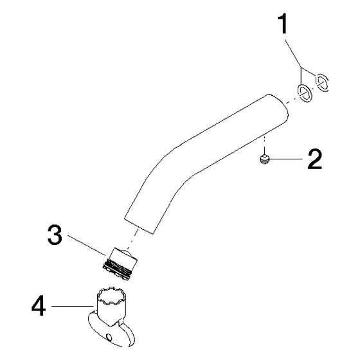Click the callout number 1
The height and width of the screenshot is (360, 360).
pos(283,24)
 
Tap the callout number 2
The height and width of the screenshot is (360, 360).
pos(315,159)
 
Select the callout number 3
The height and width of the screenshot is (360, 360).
pos(55,235)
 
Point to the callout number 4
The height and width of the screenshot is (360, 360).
pos(39,305)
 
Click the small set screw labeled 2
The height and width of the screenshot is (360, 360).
pos(265,159)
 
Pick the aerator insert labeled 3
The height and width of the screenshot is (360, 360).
pos(120,264)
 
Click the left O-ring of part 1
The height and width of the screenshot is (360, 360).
pos(305,93)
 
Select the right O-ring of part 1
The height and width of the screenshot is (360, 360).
pos(322,83)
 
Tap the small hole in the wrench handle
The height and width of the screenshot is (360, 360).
pos(109,337)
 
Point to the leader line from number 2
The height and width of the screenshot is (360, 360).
pos(286,159)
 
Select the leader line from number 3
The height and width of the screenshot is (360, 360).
pos(87,245)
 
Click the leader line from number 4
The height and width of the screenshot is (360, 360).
pos(73,306)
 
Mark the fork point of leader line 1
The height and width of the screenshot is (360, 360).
pos(301,67)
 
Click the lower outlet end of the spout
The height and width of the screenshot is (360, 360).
pos(139,226)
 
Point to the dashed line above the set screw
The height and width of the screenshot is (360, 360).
pos(265,145)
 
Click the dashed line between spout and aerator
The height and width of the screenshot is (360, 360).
pos(132,240)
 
